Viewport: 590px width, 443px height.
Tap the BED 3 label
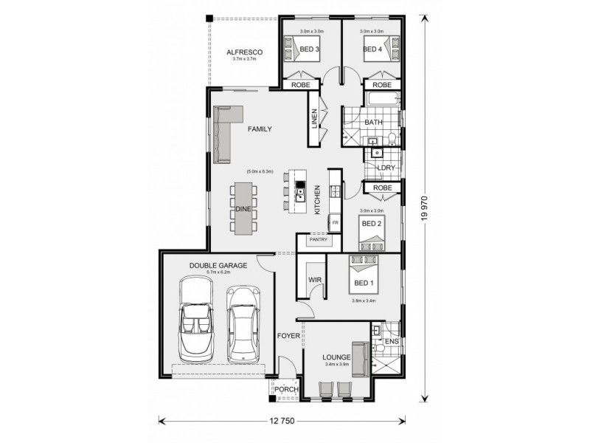(x=309, y=49)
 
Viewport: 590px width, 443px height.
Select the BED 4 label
(x=371, y=49)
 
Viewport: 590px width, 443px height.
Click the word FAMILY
(x=259, y=129)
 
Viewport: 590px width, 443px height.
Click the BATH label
(x=373, y=122)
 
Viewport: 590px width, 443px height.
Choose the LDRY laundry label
(x=385, y=168)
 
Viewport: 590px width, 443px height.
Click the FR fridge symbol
(x=335, y=221)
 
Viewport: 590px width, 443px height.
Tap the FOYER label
(x=288, y=336)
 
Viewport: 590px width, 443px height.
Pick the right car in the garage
(x=243, y=323)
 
